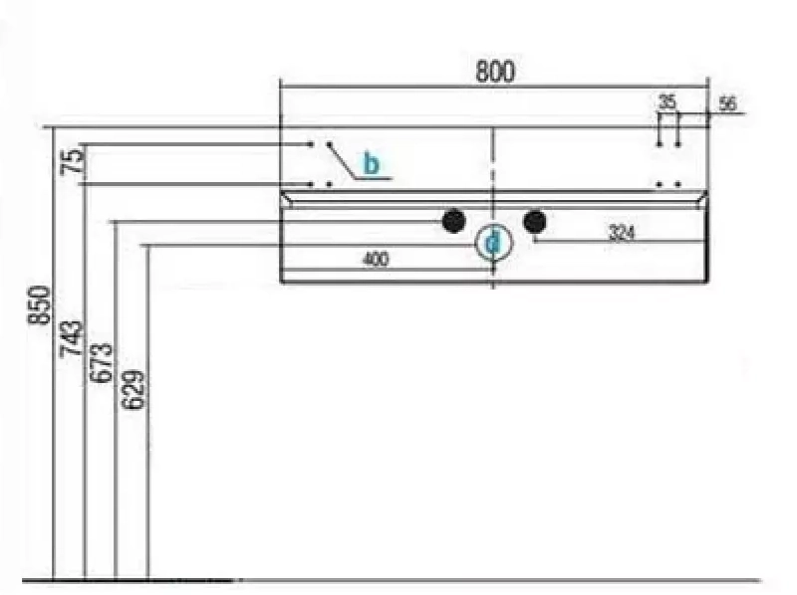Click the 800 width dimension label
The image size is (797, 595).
(x=494, y=71)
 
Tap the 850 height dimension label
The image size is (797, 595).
(x=40, y=304)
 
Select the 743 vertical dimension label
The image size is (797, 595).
(x=71, y=338)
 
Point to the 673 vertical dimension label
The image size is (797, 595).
(x=102, y=362)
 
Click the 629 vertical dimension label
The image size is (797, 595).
(x=133, y=390)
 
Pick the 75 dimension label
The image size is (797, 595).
(x=72, y=161)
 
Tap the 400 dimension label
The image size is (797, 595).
(x=376, y=260)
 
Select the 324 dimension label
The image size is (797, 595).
(x=622, y=233)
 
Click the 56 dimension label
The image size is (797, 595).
(x=727, y=103)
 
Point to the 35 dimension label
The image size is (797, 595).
(x=667, y=101)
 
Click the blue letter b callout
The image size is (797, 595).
(x=371, y=163)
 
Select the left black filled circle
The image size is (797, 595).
(x=454, y=221)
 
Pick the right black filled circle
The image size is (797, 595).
(x=535, y=221)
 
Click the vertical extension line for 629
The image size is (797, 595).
(x=147, y=411)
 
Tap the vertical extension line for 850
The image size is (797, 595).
(x=54, y=353)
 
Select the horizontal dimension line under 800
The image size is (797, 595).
(x=494, y=87)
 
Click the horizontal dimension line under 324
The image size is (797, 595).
(x=620, y=242)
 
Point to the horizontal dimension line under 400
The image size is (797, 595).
(x=387, y=270)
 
